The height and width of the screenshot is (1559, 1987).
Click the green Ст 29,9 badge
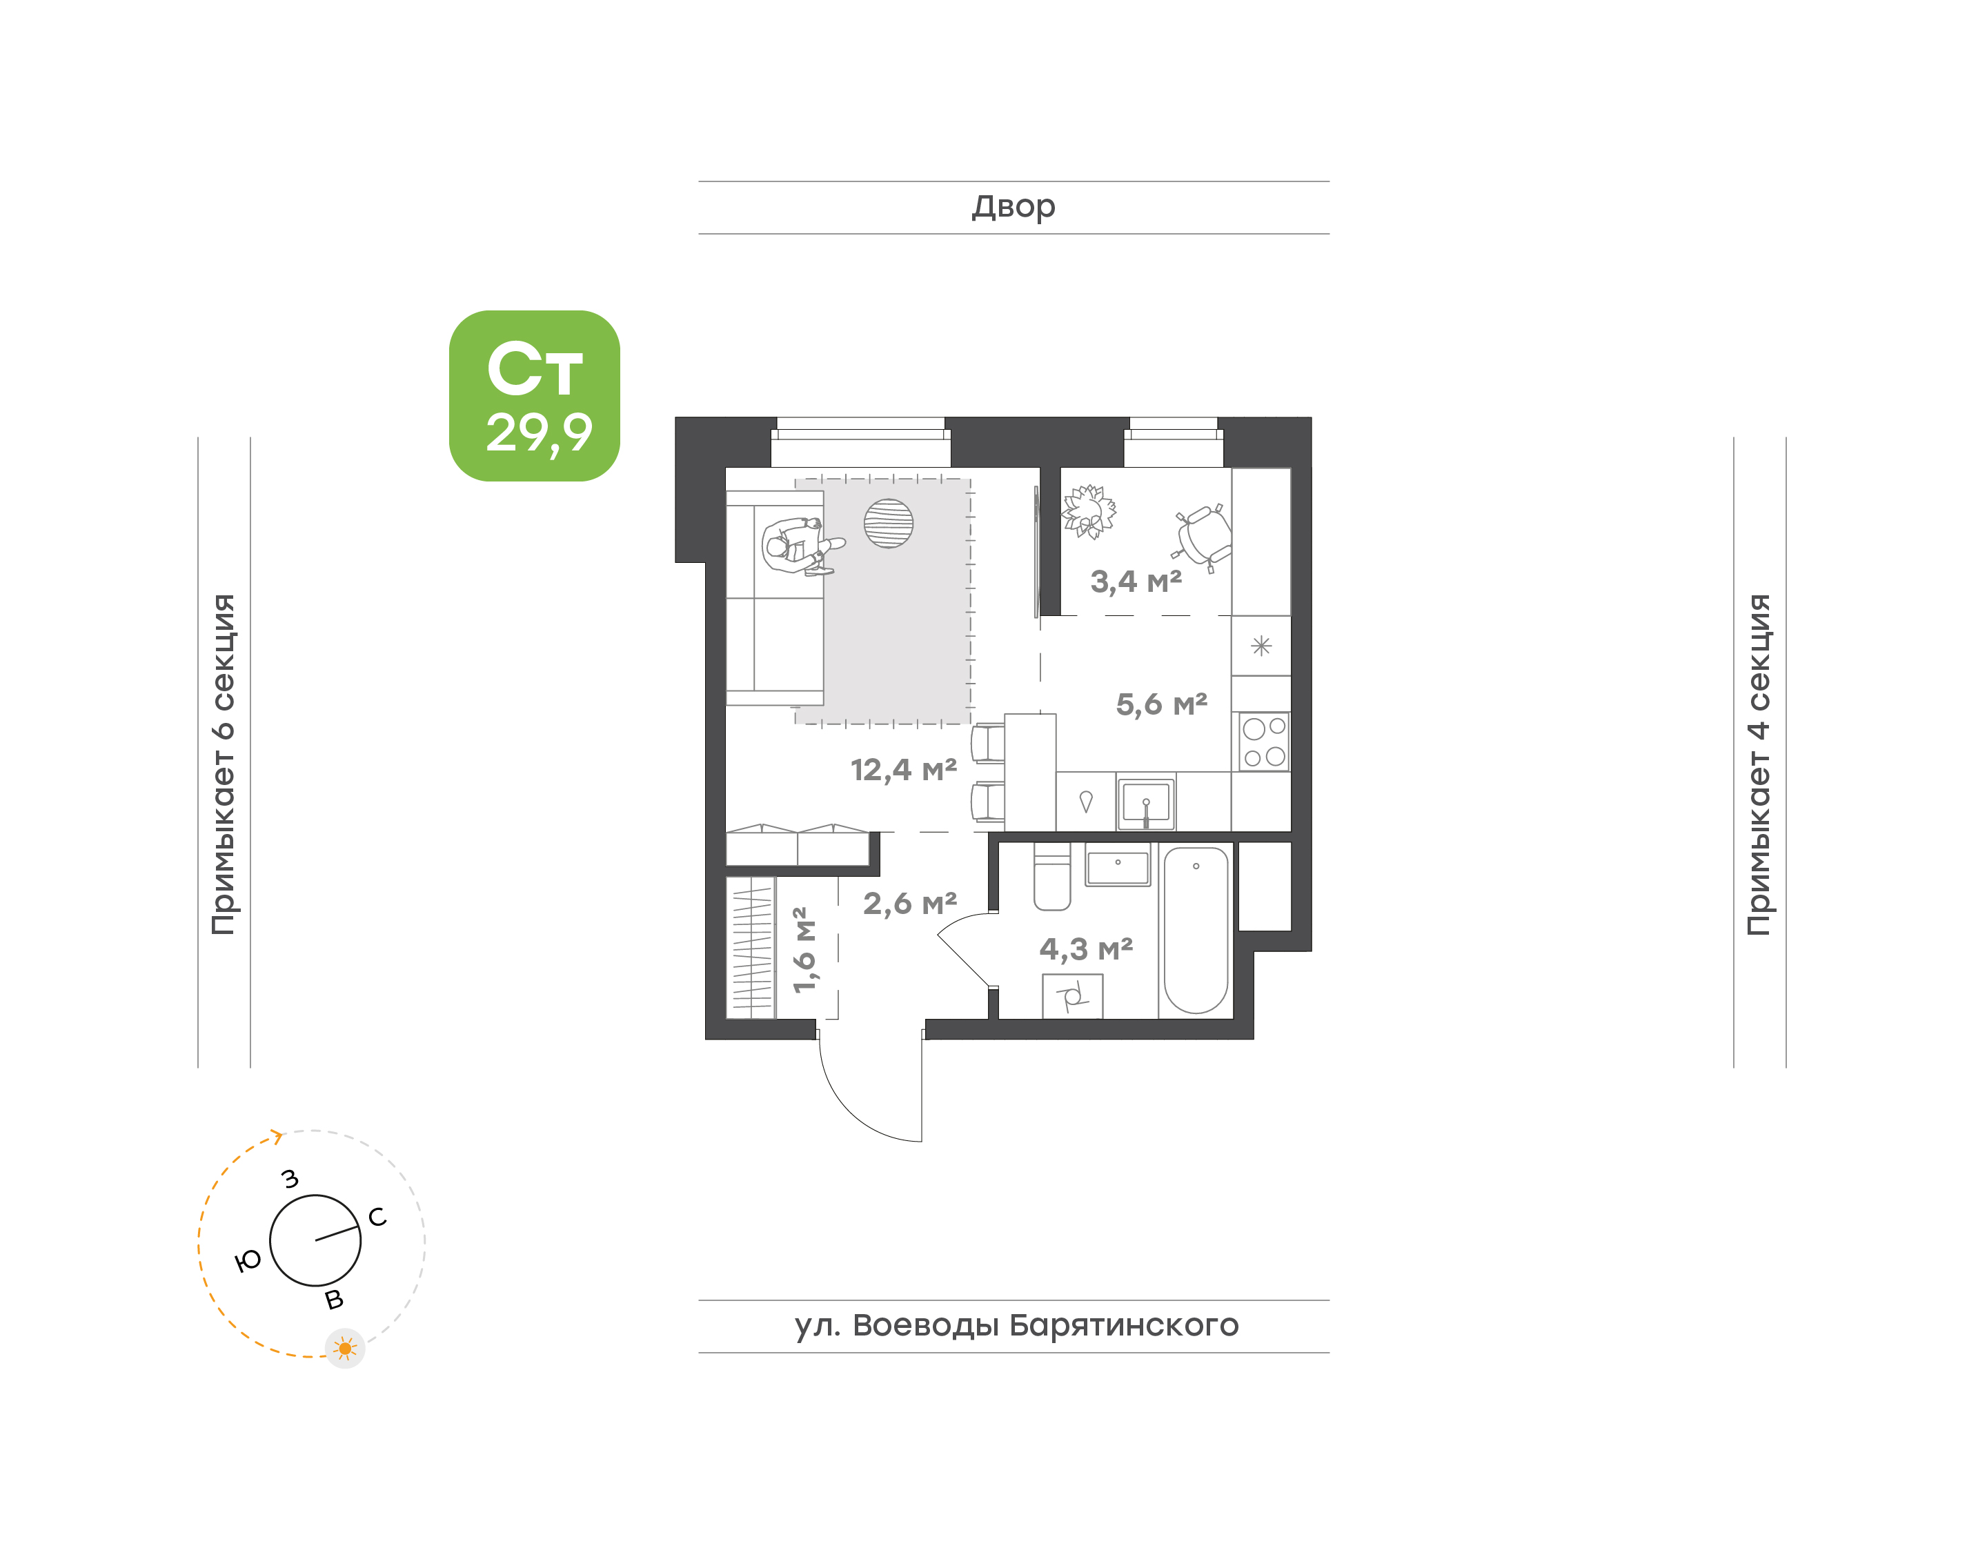[534, 395]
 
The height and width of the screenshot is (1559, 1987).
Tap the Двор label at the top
[1013, 207]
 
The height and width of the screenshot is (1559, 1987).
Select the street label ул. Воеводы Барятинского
[1016, 1324]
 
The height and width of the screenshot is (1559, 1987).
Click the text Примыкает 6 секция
[224, 764]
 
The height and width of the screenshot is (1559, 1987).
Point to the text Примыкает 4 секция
[1759, 764]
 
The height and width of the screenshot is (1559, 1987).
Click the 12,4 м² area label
[904, 769]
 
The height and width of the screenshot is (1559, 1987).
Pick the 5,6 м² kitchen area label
[1161, 704]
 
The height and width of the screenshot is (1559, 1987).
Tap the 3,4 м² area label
[1136, 581]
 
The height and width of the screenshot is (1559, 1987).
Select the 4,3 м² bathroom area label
[1086, 949]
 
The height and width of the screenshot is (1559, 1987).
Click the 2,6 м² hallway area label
[910, 904]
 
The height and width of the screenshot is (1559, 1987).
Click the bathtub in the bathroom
[1196, 929]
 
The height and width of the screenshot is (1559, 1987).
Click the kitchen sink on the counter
[1145, 803]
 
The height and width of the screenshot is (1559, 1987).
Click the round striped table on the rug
[888, 523]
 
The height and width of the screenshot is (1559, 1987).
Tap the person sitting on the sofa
[802, 545]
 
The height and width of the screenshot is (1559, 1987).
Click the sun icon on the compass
[345, 1348]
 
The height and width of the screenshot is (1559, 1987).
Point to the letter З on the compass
[290, 1178]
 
